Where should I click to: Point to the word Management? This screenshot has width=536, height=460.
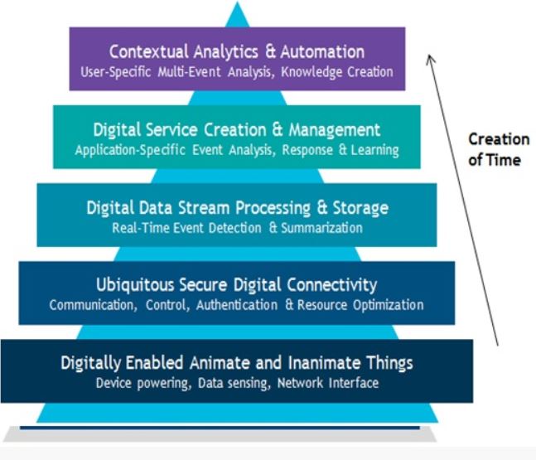(x=335, y=130)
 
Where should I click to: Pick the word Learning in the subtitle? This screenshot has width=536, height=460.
(x=374, y=150)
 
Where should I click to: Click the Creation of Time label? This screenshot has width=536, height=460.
(x=498, y=148)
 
